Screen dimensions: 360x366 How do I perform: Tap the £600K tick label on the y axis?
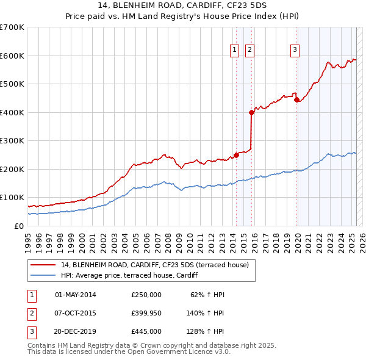(x=12, y=56)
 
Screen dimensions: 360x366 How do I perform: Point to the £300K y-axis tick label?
(x=12, y=140)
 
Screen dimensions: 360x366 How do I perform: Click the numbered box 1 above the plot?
(x=234, y=51)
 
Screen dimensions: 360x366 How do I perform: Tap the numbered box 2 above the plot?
(x=250, y=51)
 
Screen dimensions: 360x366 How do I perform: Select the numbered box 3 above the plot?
(x=295, y=51)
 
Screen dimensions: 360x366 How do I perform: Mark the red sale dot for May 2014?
(x=236, y=155)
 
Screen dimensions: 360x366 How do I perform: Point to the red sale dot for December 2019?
(x=296, y=100)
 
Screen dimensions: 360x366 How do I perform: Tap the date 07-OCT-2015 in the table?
(x=76, y=313)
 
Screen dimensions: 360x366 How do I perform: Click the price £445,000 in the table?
(x=146, y=331)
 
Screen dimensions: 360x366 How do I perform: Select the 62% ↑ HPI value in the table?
(x=208, y=295)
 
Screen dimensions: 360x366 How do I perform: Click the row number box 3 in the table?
(x=31, y=331)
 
